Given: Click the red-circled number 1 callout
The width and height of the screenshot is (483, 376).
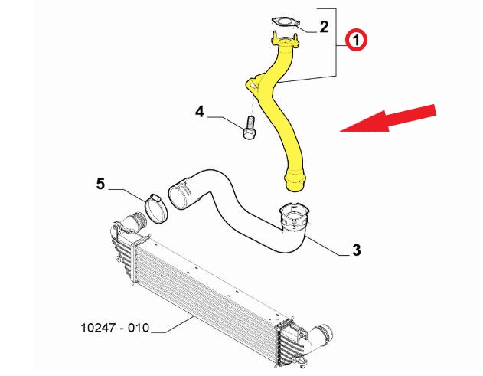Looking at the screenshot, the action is point(356,40).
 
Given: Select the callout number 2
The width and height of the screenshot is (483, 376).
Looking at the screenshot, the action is point(324,27).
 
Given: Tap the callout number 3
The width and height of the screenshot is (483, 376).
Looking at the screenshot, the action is point(357,250).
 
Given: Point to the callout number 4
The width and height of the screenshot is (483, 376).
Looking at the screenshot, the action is point(200,111).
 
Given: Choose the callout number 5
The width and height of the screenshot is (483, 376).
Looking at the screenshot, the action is point(100,184).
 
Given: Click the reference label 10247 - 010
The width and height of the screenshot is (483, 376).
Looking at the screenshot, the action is point(116,328).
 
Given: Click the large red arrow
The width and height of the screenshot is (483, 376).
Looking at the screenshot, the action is point(388,119).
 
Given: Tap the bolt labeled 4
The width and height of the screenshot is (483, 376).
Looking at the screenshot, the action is point(249,127).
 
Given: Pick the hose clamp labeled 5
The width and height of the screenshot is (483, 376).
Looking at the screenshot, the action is point(156,209).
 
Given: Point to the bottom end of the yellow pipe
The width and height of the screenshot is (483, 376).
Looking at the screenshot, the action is point(295,181).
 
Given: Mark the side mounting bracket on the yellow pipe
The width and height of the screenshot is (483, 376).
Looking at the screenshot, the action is point(253,83).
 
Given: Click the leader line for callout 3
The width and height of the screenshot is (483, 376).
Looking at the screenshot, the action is point(328,247).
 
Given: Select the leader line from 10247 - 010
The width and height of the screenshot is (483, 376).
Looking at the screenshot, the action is point(172,325).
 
